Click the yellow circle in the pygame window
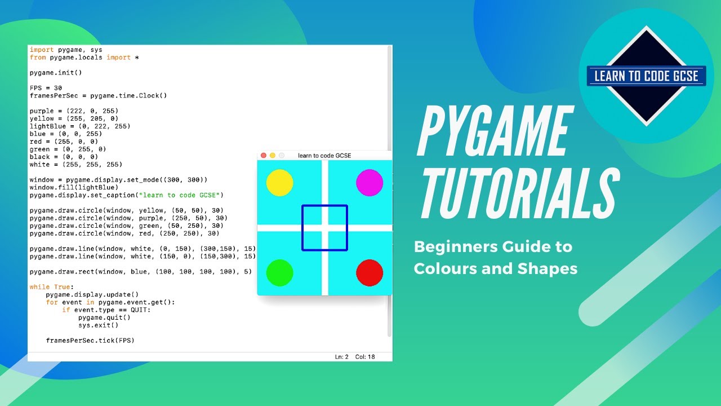tap(279, 183)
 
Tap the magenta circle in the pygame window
tap(370, 183)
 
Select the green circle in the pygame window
tap(279, 273)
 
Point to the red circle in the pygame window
tap(370, 273)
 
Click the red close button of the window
tap(264, 155)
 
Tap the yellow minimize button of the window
tap(273, 155)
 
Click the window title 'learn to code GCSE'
tap(324, 155)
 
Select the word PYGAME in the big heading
tap(493, 133)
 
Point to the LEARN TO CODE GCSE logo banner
tap(646, 76)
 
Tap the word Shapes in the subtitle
tap(549, 268)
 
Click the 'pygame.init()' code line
tap(56, 73)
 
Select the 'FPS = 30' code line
tap(46, 88)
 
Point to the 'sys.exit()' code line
tap(99, 325)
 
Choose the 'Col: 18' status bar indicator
tap(365, 357)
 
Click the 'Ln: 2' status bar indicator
tap(342, 357)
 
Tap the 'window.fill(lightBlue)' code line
tap(74, 187)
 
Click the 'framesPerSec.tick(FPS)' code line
tap(90, 341)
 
